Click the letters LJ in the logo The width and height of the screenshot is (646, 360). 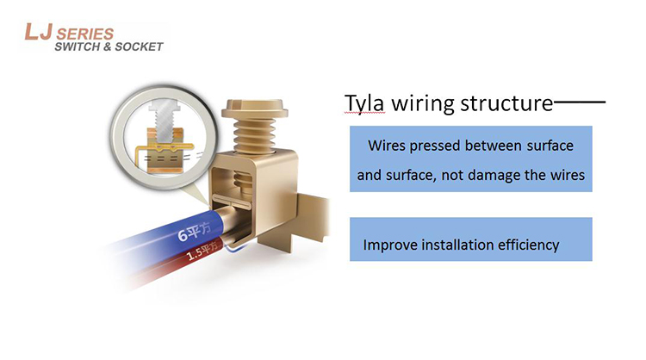(38, 32)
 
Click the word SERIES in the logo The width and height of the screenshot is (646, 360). (85, 34)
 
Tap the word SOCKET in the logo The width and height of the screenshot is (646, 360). (139, 47)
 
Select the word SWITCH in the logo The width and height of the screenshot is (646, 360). (78, 47)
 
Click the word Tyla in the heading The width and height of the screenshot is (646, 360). (364, 103)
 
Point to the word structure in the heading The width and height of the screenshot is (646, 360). (506, 103)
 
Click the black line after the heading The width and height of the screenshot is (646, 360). (580, 102)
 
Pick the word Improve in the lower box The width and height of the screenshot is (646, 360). (389, 245)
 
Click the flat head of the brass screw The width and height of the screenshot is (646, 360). (255, 109)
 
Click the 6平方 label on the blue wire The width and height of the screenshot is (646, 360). (194, 232)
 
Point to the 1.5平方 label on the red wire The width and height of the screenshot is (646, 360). (202, 251)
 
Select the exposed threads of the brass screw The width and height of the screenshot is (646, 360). (254, 136)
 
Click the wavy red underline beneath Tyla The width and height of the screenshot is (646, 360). (364, 113)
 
